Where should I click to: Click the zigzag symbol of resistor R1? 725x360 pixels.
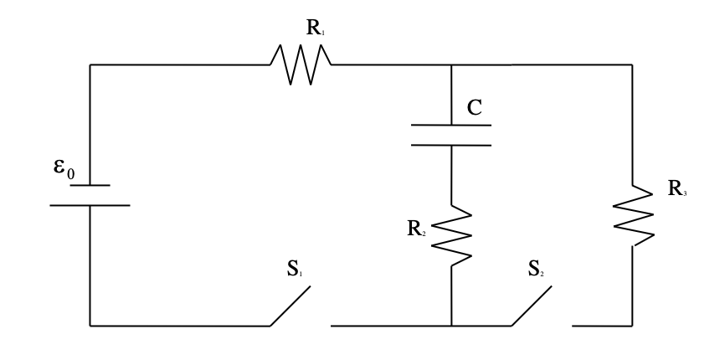pos(301,64)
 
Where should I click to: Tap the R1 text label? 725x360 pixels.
pos(316,28)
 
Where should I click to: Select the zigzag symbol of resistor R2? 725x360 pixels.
pos(451,235)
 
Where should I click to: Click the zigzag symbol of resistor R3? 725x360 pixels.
pos(632,216)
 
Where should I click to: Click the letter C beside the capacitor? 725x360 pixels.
pos(475,107)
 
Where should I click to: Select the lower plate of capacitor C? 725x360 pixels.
pos(451,144)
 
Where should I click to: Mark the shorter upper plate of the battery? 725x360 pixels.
pos(90,185)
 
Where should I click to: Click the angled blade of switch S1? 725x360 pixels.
pos(290,306)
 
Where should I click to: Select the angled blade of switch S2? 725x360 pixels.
pos(532,306)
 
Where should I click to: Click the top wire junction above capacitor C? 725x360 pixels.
pos(451,64)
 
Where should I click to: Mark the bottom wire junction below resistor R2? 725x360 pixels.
pos(451,325)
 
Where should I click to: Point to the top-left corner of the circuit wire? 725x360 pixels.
pos(90,64)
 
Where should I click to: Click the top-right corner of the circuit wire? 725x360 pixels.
pos(632,64)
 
